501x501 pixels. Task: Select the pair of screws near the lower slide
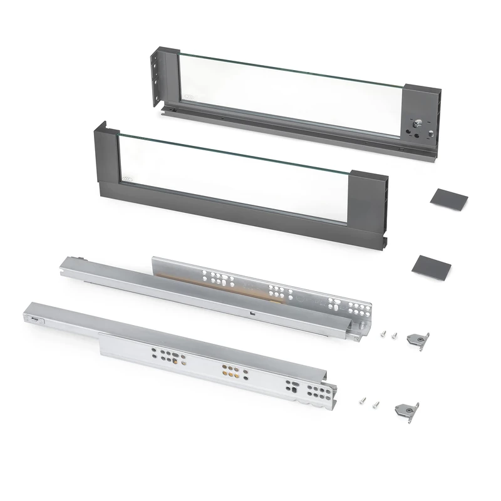(369, 401)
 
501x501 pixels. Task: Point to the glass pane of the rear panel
(288, 94)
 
